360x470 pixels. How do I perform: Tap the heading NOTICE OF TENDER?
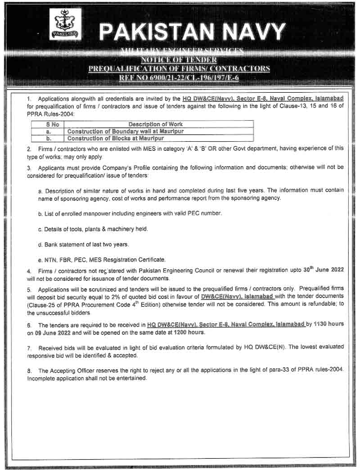click(179, 60)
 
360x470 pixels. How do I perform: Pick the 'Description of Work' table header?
click(156, 124)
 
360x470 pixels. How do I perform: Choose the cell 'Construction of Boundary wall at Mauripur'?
click(126, 131)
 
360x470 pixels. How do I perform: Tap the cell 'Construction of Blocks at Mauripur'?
click(116, 138)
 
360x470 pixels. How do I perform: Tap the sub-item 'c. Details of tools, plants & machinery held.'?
click(93, 229)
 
